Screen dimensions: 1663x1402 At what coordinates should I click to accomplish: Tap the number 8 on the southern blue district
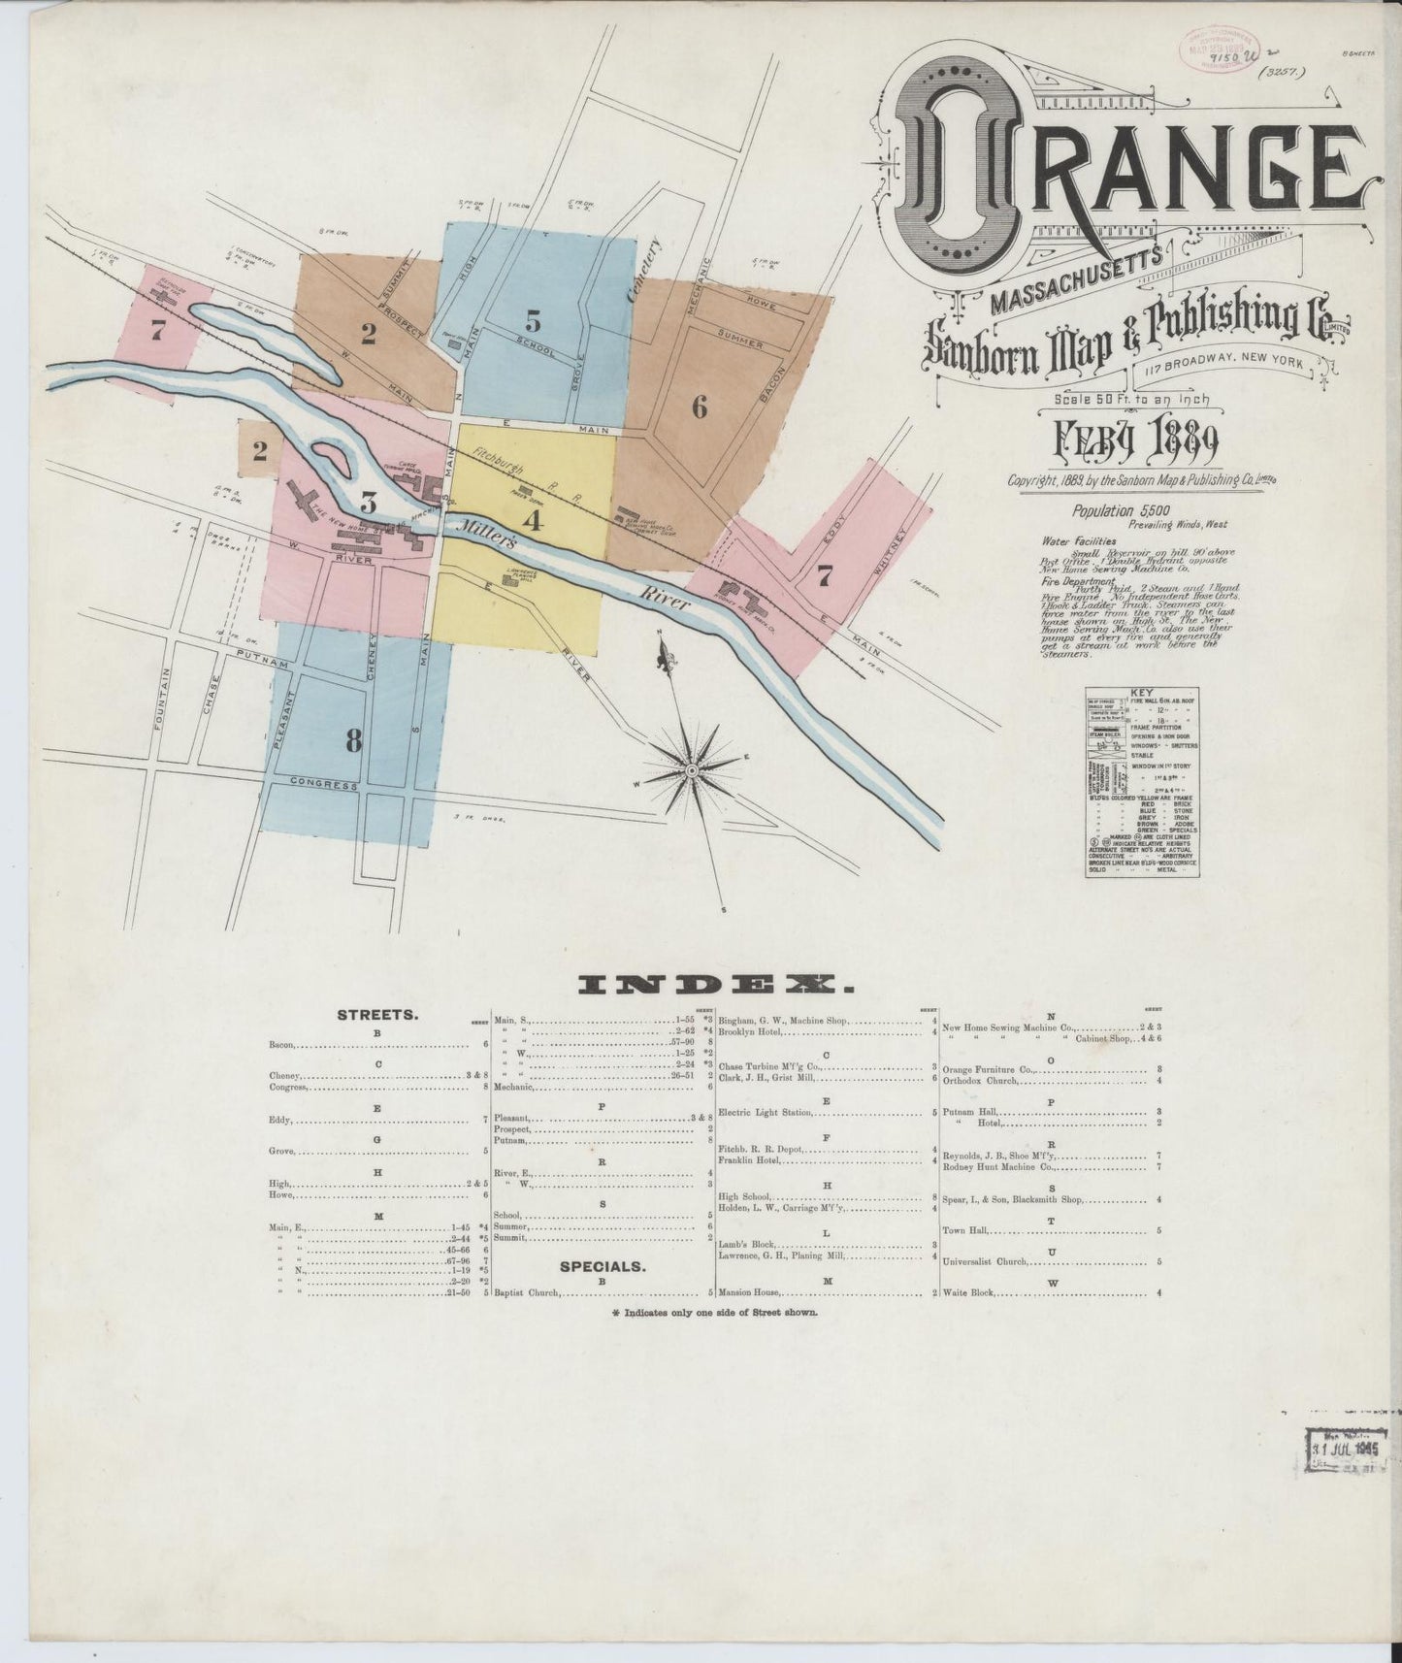click(353, 741)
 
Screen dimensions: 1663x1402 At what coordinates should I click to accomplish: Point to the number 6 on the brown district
click(700, 408)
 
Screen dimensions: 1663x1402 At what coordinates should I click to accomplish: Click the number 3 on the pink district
click(368, 502)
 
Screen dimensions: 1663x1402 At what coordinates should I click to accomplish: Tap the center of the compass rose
click(693, 769)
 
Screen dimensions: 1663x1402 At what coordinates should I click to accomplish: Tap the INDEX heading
click(716, 985)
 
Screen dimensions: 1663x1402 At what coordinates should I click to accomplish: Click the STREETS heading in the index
click(377, 1016)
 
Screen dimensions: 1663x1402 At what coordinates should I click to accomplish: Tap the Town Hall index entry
click(964, 1230)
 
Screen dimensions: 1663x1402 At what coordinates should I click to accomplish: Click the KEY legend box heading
click(1141, 692)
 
